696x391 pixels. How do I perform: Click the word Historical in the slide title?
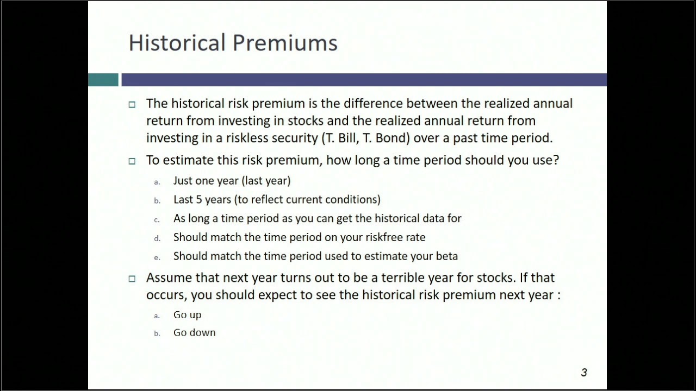point(177,43)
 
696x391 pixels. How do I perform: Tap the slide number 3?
point(584,373)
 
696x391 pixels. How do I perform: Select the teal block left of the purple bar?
point(103,80)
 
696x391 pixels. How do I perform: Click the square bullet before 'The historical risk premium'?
point(132,104)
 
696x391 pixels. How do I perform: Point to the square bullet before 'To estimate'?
point(132,161)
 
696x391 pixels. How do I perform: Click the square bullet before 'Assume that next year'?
point(132,279)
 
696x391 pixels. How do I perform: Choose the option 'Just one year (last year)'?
point(232,181)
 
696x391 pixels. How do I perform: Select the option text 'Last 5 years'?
point(202,200)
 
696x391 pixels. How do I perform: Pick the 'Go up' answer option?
point(187,315)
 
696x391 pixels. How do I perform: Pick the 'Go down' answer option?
point(194,333)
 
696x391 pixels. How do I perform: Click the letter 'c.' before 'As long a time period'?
point(157,219)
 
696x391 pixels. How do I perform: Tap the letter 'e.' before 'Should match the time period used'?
point(157,257)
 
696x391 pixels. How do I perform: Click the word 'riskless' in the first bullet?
point(247,138)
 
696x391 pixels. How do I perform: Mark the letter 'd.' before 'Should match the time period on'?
point(157,238)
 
